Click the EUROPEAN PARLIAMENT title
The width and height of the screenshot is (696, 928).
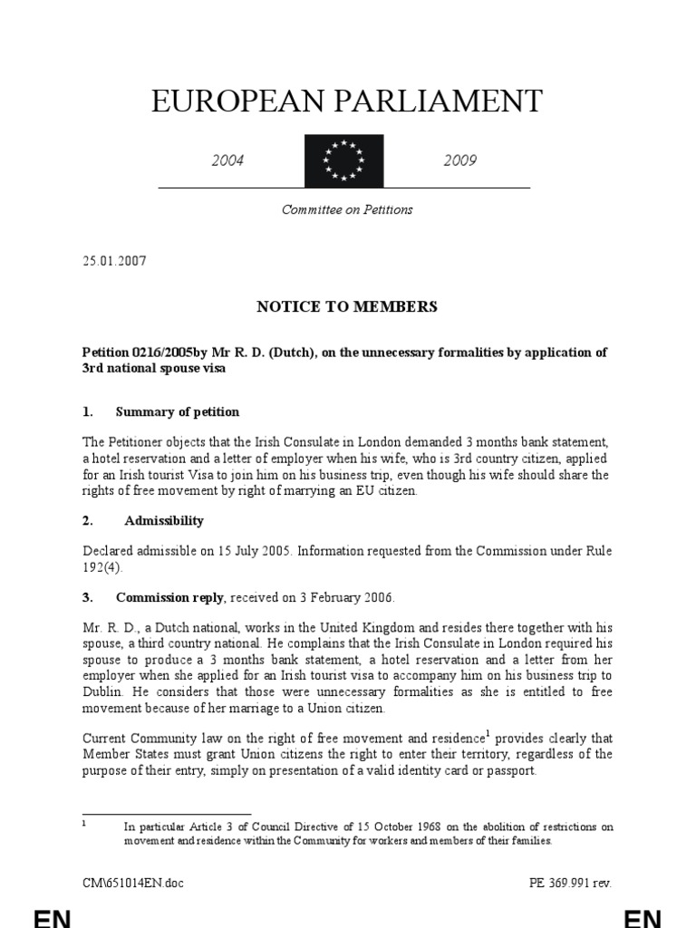(347, 101)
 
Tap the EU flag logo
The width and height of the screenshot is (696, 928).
(343, 160)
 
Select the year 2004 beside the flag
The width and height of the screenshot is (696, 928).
(228, 161)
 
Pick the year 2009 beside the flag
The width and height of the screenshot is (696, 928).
(459, 161)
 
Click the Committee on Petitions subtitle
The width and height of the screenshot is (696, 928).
(347, 209)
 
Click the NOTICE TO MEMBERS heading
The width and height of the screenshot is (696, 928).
(347, 306)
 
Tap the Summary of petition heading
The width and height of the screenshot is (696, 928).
(178, 411)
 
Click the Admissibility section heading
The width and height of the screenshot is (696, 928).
(164, 520)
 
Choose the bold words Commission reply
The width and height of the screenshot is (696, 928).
(171, 598)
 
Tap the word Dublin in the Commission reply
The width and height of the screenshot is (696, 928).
(103, 691)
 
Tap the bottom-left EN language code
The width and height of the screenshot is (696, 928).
(53, 916)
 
